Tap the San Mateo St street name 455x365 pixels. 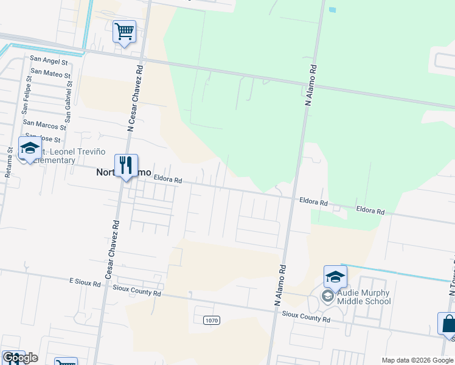pyautogui.click(x=50, y=72)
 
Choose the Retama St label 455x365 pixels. pyautogui.click(x=9, y=162)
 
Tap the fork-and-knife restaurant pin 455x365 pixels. pyautogui.click(x=126, y=166)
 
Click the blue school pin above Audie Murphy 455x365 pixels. pyautogui.click(x=335, y=277)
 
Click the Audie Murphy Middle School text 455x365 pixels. pyautogui.click(x=363, y=297)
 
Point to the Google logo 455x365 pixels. pyautogui.click(x=19, y=358)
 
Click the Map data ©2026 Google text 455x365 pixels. pyautogui.click(x=417, y=360)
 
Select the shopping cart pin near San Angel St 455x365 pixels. pyautogui.click(x=124, y=32)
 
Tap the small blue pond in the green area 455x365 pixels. pyautogui.click(x=332, y=10)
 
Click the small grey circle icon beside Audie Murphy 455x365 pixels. pyautogui.click(x=328, y=296)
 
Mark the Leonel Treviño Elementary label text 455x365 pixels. pyautogui.click(x=52, y=156)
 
